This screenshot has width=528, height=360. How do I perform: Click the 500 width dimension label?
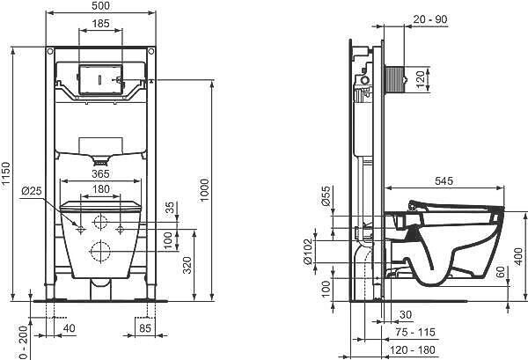[100, 6]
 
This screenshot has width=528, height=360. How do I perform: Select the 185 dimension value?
[100, 24]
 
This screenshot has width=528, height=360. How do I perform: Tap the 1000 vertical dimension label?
[204, 190]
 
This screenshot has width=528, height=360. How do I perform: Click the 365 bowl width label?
[100, 173]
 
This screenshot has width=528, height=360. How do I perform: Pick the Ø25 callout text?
[32, 191]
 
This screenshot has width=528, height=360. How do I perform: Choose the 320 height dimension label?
[187, 265]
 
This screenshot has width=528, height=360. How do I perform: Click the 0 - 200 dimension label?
[23, 342]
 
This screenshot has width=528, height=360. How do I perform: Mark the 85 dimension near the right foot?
[145, 327]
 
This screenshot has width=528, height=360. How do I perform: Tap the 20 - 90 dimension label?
[430, 19]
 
